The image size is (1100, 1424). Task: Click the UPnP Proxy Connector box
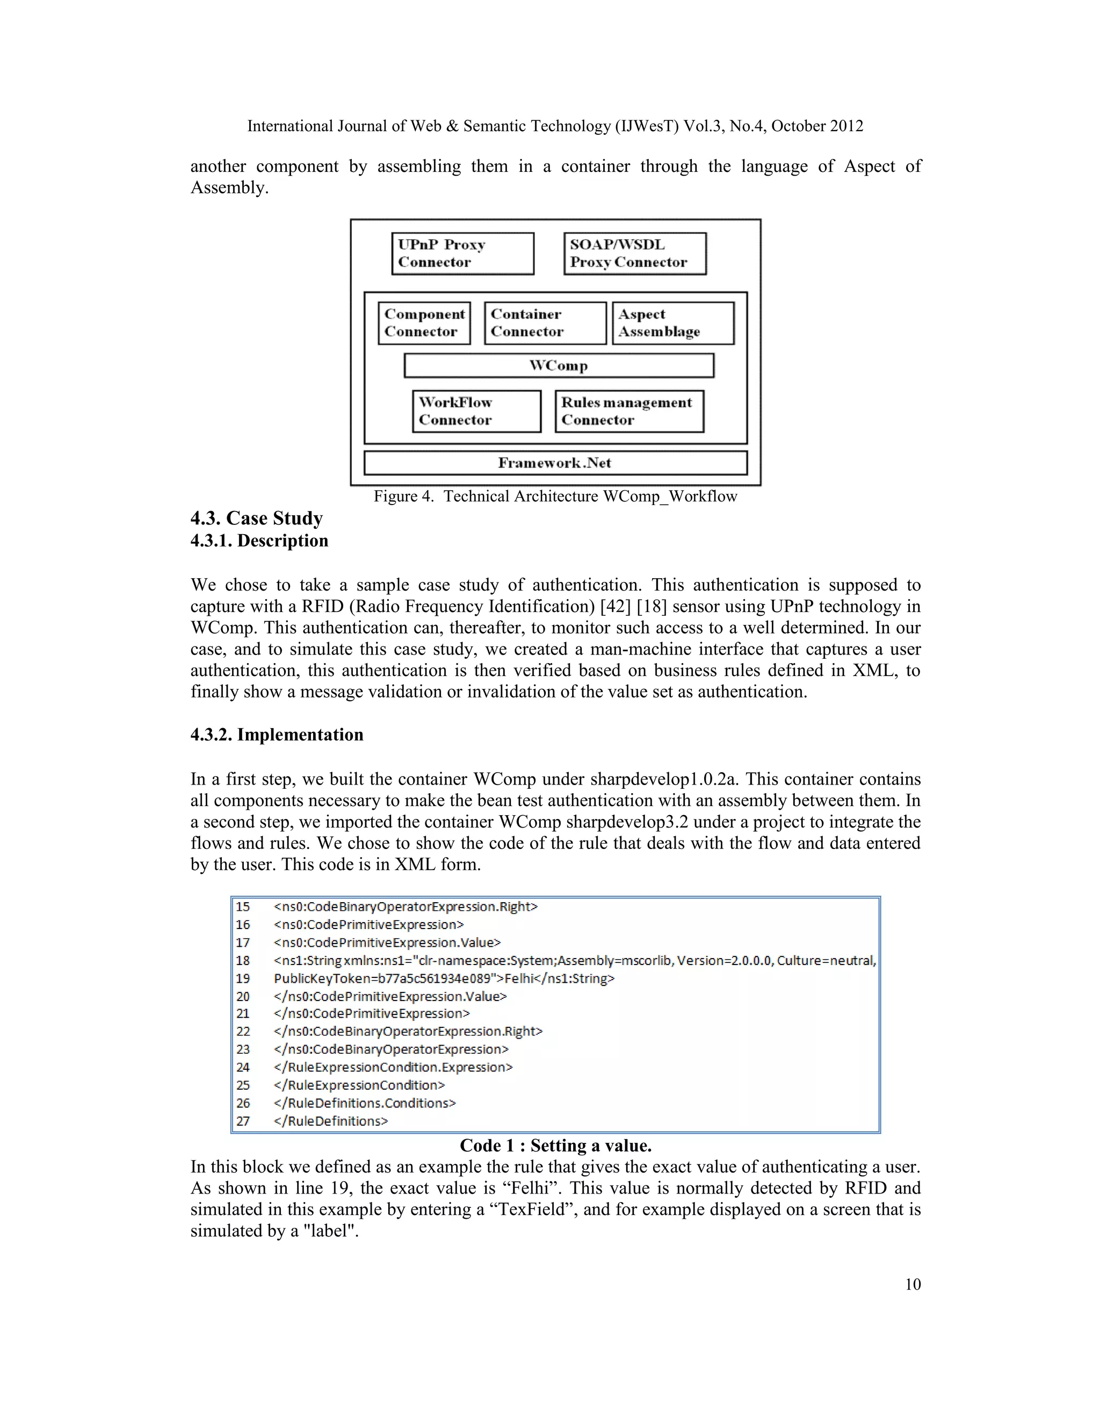pyautogui.click(x=462, y=254)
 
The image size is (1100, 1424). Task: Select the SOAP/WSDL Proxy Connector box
pyautogui.click(x=634, y=254)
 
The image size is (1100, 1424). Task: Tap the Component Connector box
pyautogui.click(x=424, y=323)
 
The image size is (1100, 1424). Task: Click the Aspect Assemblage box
pyautogui.click(x=672, y=323)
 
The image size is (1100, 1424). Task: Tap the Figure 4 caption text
pyautogui.click(x=554, y=497)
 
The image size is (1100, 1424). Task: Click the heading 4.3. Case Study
pyautogui.click(x=256, y=519)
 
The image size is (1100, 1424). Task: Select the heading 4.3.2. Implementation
pyautogui.click(x=276, y=735)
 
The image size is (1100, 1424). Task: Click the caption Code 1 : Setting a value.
pyautogui.click(x=555, y=1146)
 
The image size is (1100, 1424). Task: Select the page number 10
pyautogui.click(x=913, y=1284)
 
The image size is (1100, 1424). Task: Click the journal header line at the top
pyautogui.click(x=554, y=126)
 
